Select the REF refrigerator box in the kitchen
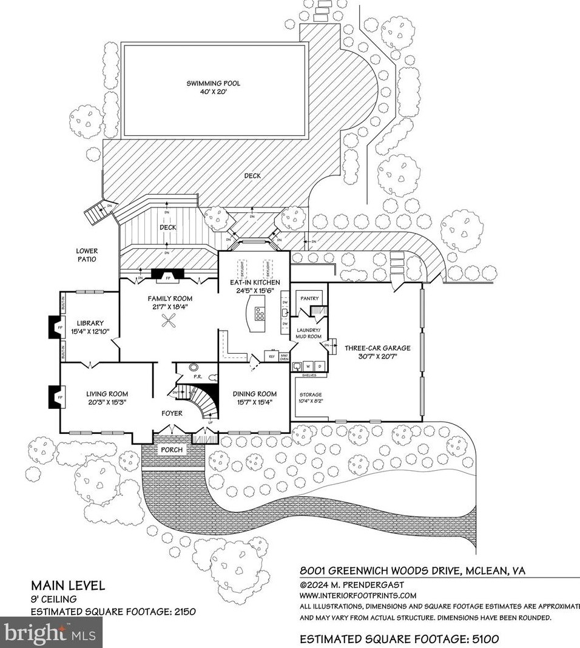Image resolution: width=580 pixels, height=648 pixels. tap(271, 357)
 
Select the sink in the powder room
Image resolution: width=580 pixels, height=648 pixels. tap(195, 368)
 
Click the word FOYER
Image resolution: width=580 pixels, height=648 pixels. tap(172, 413)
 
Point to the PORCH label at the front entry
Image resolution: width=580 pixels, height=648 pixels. tap(172, 450)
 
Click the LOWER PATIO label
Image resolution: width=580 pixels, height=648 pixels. tap(87, 255)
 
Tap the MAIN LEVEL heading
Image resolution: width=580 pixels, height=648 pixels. tap(68, 586)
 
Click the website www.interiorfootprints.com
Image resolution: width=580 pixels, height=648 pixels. tap(359, 595)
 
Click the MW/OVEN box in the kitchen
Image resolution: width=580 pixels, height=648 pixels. tap(283, 357)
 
